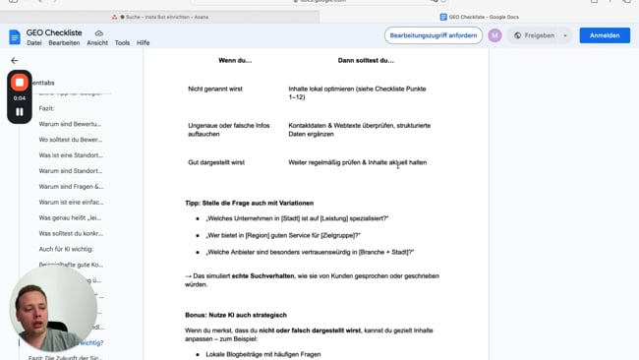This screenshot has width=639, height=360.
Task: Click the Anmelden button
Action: tap(605, 35)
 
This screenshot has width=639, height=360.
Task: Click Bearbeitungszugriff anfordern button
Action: tap(434, 35)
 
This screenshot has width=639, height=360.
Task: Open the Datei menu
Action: tap(34, 43)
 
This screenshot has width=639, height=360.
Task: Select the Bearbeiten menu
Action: tap(64, 43)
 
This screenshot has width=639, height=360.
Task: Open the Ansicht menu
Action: tap(97, 43)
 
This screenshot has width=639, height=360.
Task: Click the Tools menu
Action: tap(122, 43)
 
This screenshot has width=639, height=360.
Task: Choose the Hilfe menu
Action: tap(144, 43)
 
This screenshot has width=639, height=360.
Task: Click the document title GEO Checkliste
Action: tap(55, 32)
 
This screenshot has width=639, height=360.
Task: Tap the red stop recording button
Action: tap(20, 83)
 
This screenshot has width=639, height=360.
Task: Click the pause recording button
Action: tap(20, 112)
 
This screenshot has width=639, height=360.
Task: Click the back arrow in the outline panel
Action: tap(15, 61)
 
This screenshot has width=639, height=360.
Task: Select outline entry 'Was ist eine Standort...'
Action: tap(71, 155)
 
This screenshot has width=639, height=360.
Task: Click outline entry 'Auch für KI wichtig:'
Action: tap(66, 249)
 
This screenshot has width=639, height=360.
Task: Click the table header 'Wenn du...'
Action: tap(235, 61)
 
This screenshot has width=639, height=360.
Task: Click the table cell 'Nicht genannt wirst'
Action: tap(215, 89)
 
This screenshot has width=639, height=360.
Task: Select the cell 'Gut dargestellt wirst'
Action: tap(216, 162)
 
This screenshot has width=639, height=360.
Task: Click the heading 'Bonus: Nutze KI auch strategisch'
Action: tap(236, 315)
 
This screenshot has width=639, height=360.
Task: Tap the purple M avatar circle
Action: tap(494, 35)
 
